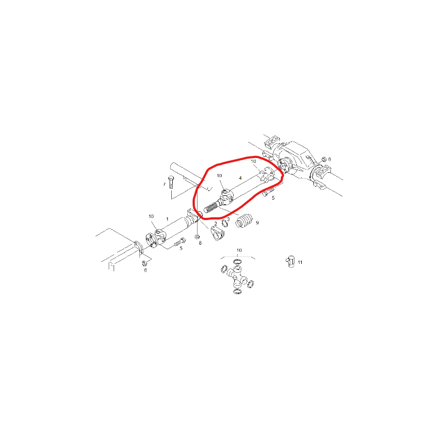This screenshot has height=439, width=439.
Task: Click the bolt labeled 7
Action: [x=171, y=182]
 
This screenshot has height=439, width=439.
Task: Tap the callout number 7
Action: [x=164, y=184]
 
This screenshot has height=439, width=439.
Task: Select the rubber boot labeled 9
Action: [x=244, y=220]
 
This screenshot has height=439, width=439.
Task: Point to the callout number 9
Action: [x=257, y=223]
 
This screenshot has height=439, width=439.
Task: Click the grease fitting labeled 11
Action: [x=291, y=262]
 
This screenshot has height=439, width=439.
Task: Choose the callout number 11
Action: [x=300, y=262]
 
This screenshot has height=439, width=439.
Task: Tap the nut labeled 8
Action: [x=197, y=237]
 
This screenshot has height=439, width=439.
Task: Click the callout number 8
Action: [x=200, y=243]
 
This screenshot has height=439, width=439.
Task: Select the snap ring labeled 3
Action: [x=224, y=223]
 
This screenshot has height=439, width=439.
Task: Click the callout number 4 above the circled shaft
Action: [x=240, y=178]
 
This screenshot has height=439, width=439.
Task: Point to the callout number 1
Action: [x=167, y=219]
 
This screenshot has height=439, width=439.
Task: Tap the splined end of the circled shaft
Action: [x=211, y=208]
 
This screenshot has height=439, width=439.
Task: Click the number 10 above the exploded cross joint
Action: [x=239, y=250]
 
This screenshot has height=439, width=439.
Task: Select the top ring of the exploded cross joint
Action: [x=238, y=262]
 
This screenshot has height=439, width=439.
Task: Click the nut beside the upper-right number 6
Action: [x=323, y=159]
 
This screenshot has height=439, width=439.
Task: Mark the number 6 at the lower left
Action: [x=145, y=270]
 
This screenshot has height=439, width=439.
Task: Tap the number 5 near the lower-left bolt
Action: [x=181, y=249]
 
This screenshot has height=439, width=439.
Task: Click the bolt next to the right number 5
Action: [x=268, y=192]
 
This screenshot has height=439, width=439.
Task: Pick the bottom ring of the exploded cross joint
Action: [x=237, y=291]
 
